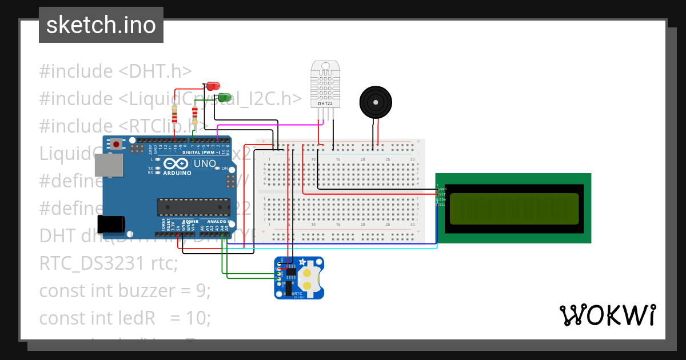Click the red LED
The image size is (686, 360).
213,86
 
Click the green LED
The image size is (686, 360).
225,97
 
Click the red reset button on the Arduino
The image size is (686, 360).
117,145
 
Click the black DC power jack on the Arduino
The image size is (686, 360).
111,225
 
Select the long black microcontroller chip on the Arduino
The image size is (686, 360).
193,207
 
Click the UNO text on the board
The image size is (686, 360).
204,164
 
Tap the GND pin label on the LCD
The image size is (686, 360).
443,189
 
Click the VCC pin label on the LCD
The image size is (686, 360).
443,194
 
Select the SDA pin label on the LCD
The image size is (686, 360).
443,199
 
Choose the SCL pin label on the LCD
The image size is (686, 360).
443,205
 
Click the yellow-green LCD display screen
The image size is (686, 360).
514,209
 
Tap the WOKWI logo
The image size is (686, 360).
607,315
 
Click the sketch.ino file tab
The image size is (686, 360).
101,25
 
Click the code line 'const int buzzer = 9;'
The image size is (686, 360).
125,291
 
